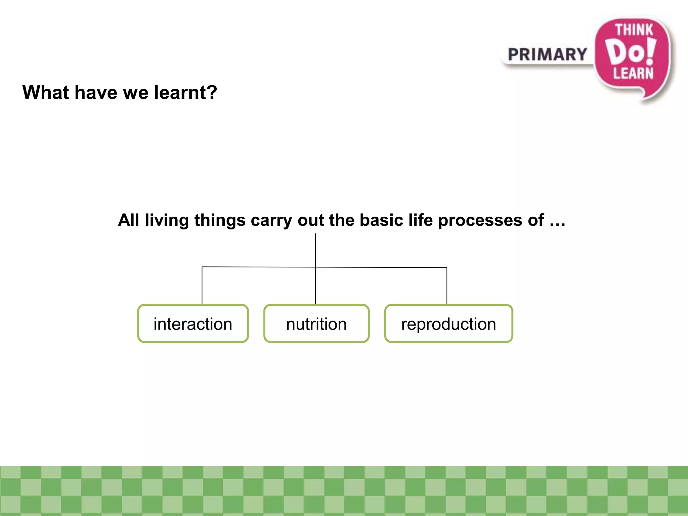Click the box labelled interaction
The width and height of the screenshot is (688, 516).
[193, 324]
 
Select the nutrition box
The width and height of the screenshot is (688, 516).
[316, 324]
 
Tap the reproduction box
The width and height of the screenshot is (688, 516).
[448, 324]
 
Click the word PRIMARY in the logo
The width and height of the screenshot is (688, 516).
[547, 54]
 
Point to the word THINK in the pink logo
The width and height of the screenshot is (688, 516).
[634, 30]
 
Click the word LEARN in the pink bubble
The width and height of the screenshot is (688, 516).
[633, 73]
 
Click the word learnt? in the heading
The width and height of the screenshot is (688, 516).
[185, 92]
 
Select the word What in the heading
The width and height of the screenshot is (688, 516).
[45, 92]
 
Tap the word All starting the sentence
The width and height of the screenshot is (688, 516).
[128, 220]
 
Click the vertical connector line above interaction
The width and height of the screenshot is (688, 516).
[202, 286]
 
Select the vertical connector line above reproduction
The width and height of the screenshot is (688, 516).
[447, 286]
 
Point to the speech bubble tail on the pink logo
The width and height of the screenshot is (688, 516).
[647, 96]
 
